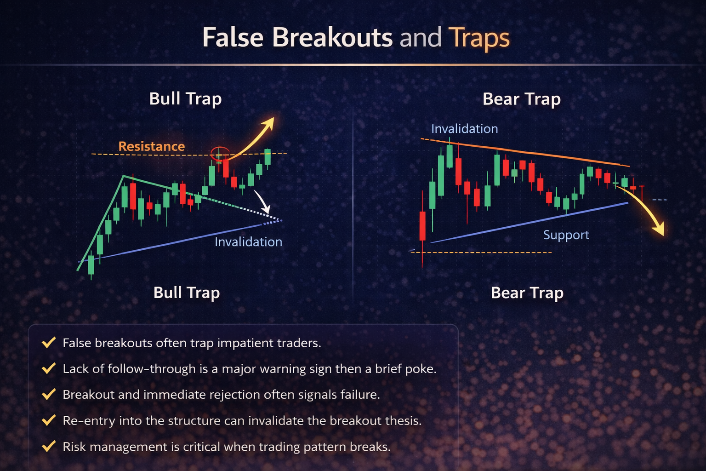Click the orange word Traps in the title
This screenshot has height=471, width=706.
pos(479,38)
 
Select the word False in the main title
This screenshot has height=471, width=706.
pos(233,38)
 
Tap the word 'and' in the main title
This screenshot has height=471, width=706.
pos(420,38)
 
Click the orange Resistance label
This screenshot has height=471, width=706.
pos(151,146)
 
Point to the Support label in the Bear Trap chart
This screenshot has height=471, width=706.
pos(566,235)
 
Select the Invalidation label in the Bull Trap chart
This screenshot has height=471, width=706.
pos(248,242)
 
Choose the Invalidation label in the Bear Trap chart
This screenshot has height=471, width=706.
pos(464,129)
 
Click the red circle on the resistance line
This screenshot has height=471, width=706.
pos(220,153)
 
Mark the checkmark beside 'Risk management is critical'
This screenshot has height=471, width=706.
pos(48,447)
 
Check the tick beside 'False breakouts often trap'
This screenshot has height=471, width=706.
pos(48,343)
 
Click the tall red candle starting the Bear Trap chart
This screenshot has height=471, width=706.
pos(422,225)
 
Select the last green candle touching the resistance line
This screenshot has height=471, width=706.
pos(268,157)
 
